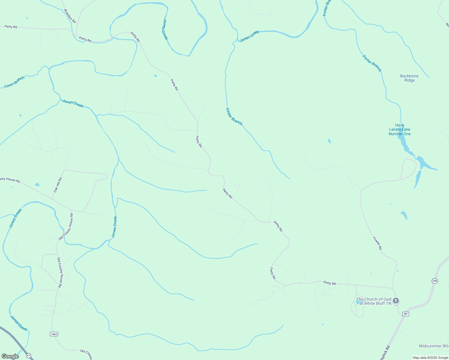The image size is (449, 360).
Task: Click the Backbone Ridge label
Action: (x=409, y=78)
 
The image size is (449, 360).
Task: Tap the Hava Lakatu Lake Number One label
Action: (x=399, y=130)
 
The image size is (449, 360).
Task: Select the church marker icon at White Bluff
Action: (x=396, y=301)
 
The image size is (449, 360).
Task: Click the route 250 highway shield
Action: (x=435, y=281)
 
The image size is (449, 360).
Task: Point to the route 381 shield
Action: (x=405, y=314)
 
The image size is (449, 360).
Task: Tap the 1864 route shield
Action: (x=54, y=334)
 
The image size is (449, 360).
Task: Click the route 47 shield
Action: (x=29, y=355)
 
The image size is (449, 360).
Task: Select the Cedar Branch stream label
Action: (x=234, y=116)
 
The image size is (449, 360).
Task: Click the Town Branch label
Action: (x=14, y=82)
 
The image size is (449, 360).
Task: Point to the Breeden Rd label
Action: (x=70, y=16)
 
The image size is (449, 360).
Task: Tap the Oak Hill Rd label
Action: (x=58, y=185)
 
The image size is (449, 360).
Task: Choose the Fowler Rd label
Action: (x=377, y=243)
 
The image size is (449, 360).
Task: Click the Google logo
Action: (x=10, y=356)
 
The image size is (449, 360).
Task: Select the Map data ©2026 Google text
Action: (x=430, y=358)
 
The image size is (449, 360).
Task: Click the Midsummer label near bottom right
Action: (x=434, y=346)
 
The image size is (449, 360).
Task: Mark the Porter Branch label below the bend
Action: (x=372, y=63)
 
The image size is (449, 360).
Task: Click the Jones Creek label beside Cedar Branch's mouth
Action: (x=249, y=36)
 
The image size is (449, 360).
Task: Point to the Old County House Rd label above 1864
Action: (x=59, y=273)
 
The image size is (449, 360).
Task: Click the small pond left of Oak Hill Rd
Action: (x=37, y=184)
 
